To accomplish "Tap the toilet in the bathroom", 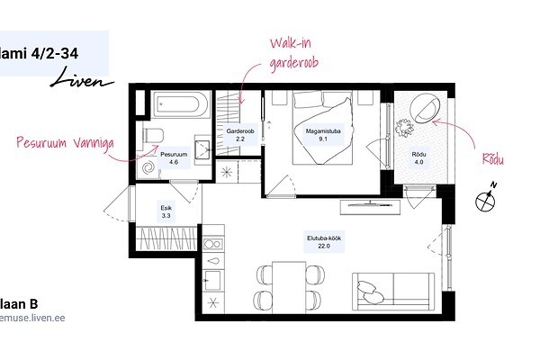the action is pyautogui.click(x=152, y=135).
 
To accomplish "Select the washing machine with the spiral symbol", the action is pyautogui.click(x=148, y=167).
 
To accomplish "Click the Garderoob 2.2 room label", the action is pyautogui.click(x=240, y=135).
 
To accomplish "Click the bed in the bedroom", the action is pyautogui.click(x=323, y=128).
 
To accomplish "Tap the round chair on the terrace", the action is pyautogui.click(x=425, y=108).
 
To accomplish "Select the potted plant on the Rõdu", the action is pyautogui.click(x=404, y=128).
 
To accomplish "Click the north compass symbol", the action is pyautogui.click(x=486, y=198).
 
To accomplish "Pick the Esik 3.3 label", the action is pyautogui.click(x=166, y=211).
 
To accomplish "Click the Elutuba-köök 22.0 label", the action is pyautogui.click(x=324, y=242).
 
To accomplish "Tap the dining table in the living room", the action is pyautogui.click(x=289, y=288).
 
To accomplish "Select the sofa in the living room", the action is pyautogui.click(x=393, y=292).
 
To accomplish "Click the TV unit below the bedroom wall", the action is pyautogui.click(x=370, y=207).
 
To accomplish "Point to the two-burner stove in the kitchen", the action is pyautogui.click(x=212, y=244).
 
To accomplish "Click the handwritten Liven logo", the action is pyautogui.click(x=82, y=78).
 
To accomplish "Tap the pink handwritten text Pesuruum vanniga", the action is pyautogui.click(x=65, y=143).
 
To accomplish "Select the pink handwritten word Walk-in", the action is pyautogui.click(x=291, y=43).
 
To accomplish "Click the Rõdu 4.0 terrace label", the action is pyautogui.click(x=418, y=158).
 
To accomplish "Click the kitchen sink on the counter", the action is pyautogui.click(x=212, y=280).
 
